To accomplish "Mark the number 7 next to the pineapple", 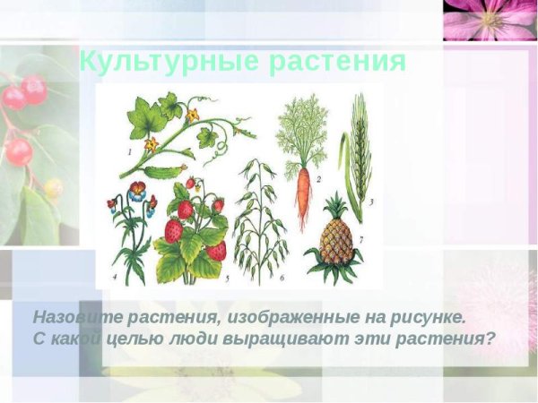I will [x=360, y=240].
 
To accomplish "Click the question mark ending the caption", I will [x=490, y=339].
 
